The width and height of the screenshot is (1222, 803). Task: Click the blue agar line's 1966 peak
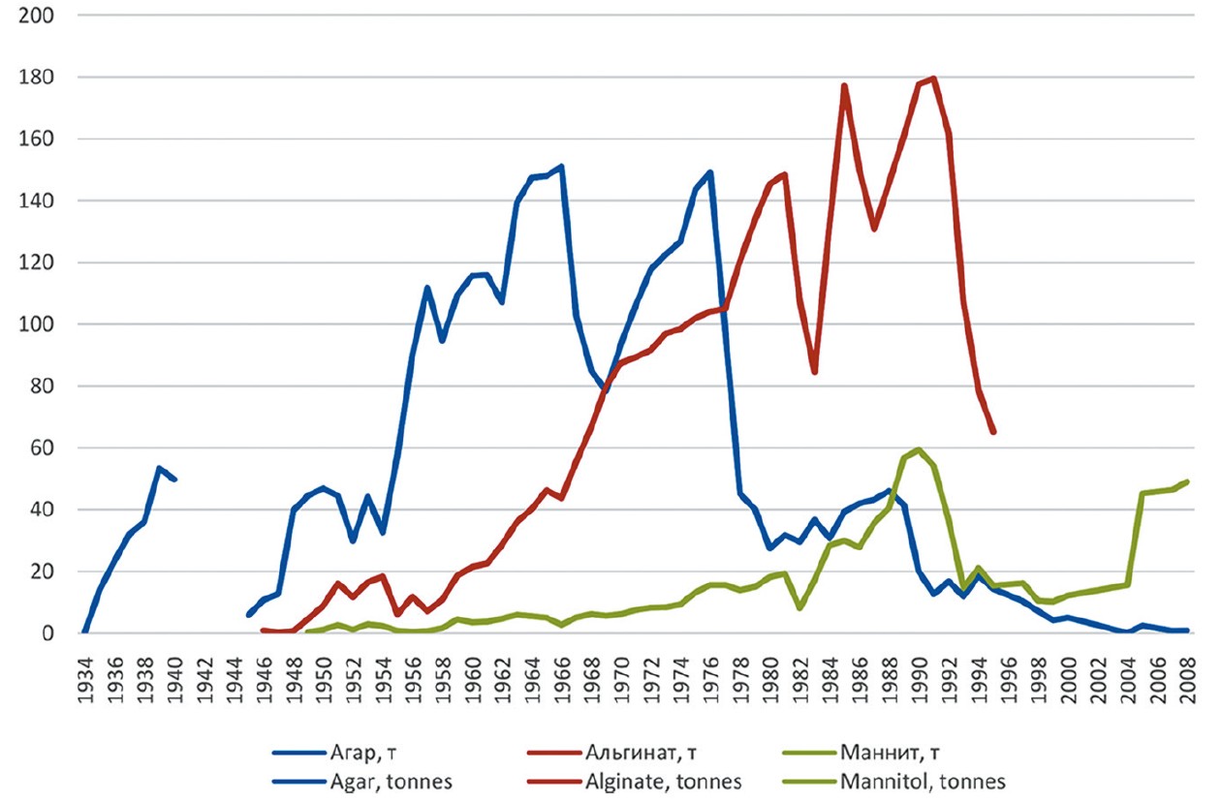tap(561, 167)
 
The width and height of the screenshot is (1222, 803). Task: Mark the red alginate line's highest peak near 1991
tap(933, 78)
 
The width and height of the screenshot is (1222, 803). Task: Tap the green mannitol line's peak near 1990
tap(919, 449)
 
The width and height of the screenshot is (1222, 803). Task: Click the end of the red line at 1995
tap(993, 432)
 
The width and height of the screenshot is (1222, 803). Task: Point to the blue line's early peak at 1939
tap(159, 468)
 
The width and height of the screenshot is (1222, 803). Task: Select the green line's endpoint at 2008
tap(1187, 481)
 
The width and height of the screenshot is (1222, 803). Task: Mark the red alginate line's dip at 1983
tap(814, 372)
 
